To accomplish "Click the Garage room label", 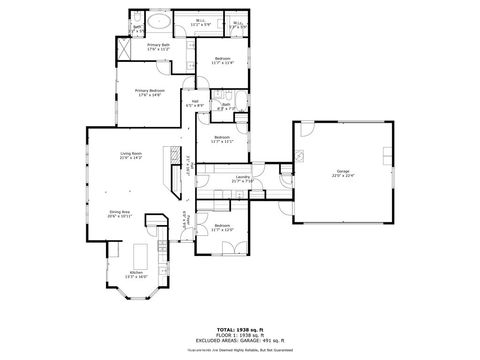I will [x=343, y=172].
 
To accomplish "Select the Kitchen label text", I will [x=135, y=273].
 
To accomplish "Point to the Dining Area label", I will [x=120, y=212].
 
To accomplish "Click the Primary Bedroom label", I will [x=150, y=90].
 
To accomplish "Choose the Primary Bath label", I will [x=158, y=44].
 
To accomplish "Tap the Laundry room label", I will [x=242, y=177].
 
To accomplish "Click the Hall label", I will [x=195, y=101].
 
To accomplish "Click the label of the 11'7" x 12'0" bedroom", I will [x=222, y=226].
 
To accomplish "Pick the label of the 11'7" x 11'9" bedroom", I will [x=223, y=59].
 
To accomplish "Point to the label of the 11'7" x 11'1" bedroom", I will [x=222, y=137].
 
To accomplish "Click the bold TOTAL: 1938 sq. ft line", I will [x=239, y=327].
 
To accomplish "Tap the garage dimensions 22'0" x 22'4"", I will [x=343, y=176].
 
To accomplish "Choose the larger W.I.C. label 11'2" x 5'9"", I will [x=200, y=22].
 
